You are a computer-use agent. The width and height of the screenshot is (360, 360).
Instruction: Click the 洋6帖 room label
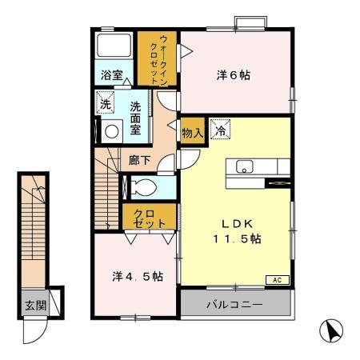coord(234,75)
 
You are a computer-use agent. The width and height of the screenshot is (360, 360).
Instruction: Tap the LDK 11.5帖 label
coord(237,230)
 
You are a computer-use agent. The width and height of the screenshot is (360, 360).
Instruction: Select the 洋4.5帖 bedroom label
coord(137,277)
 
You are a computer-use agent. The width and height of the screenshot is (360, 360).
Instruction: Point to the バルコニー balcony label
coord(234,304)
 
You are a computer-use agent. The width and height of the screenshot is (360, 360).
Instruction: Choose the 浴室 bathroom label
coord(111,76)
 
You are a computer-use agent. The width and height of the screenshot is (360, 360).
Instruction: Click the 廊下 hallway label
coord(139,159)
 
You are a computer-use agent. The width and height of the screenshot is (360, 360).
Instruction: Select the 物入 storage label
coord(190,130)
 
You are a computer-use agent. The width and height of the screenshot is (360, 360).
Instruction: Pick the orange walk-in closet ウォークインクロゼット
coord(157,58)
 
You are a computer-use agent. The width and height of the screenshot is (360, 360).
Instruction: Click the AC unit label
coord(277,281)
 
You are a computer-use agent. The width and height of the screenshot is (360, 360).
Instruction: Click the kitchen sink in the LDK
coord(245,166)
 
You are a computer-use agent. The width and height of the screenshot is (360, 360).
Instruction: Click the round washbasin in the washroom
coord(112,130)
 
